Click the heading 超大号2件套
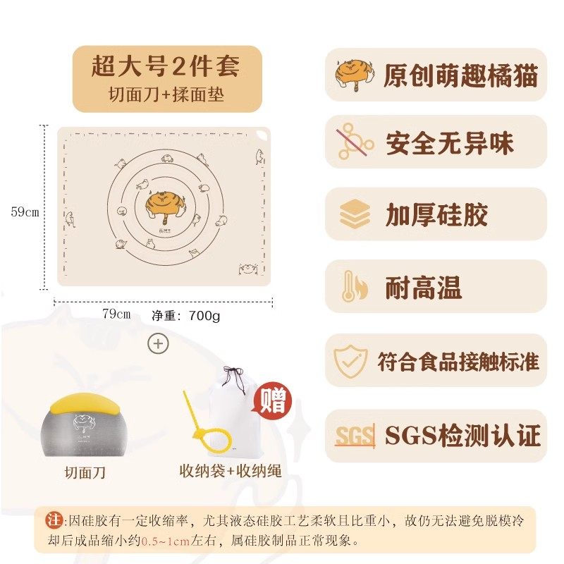(166, 66)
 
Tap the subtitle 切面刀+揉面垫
(166, 94)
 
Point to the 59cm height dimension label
(25, 212)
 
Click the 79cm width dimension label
(116, 314)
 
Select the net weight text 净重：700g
(185, 316)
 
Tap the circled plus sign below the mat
(158, 344)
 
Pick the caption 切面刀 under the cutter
(85, 472)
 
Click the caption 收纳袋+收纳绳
(231, 471)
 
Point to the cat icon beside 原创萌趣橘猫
(355, 75)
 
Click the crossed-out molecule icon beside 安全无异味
(355, 142)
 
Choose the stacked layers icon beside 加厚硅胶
(355, 214)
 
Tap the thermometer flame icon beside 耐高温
(355, 286)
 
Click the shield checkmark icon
(350, 361)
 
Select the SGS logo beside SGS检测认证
(355, 436)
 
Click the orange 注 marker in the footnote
(54, 520)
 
